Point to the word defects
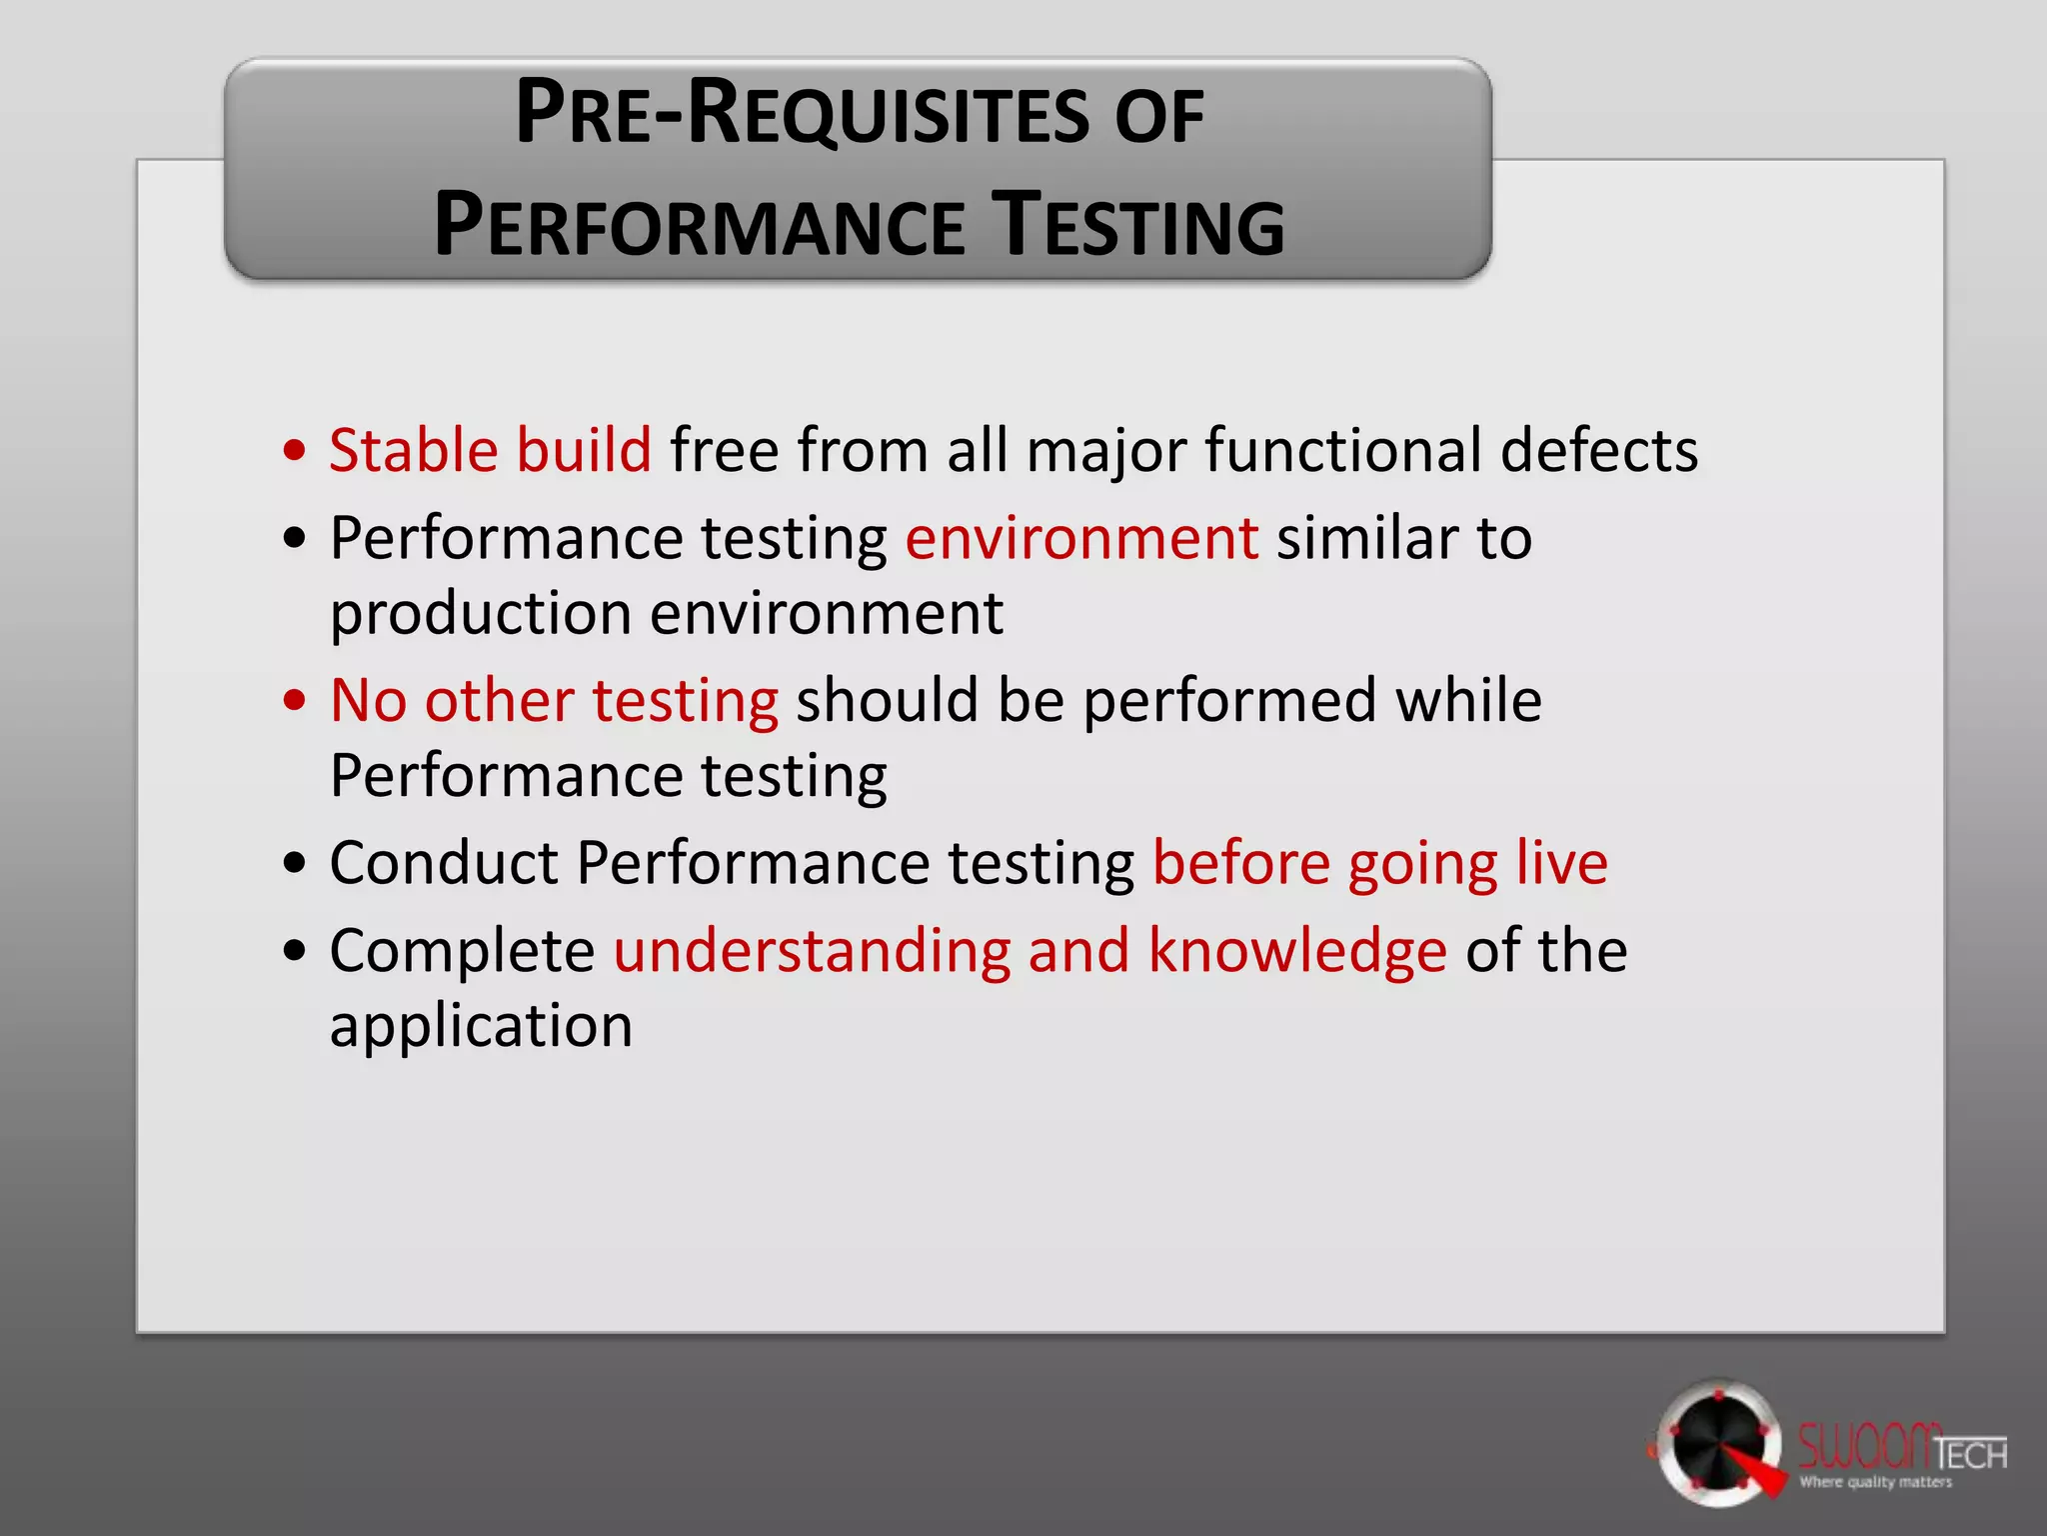[x=1598, y=450]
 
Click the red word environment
[x=1081, y=538]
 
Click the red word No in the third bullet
[x=368, y=700]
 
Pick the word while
[x=1468, y=700]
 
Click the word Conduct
[x=444, y=863]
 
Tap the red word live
[x=1561, y=863]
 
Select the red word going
[x=1422, y=865]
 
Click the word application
[x=481, y=1027]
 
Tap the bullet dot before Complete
[x=294, y=951]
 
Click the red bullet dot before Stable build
[x=294, y=451]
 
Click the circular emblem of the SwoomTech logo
[x=1715, y=1443]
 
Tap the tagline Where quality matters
[x=1875, y=1482]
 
